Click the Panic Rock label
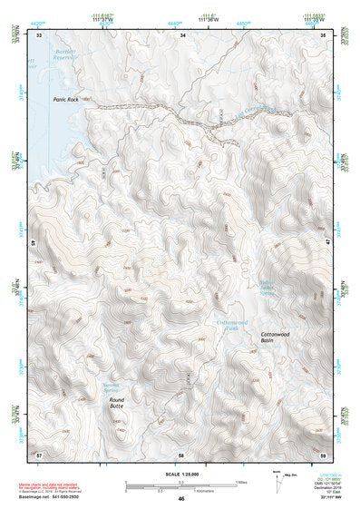[x=66, y=100]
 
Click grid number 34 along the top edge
[x=182, y=34]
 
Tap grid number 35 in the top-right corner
[x=324, y=34]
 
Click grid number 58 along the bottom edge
[x=181, y=453]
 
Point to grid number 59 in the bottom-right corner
[x=324, y=453]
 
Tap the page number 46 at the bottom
[x=181, y=499]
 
